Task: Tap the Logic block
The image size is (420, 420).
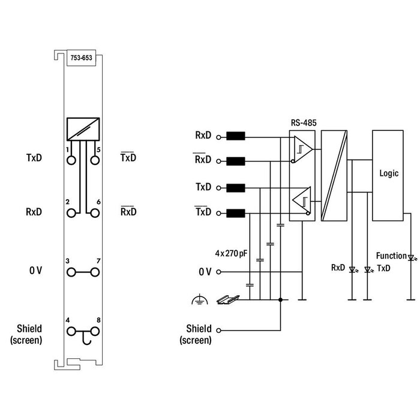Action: (x=389, y=173)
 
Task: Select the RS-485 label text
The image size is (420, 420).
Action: (x=303, y=122)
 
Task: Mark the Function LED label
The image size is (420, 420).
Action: (x=391, y=256)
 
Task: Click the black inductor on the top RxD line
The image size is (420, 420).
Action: (x=236, y=136)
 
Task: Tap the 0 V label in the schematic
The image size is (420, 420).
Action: (x=205, y=272)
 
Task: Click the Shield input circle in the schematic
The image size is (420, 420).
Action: (x=219, y=331)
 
